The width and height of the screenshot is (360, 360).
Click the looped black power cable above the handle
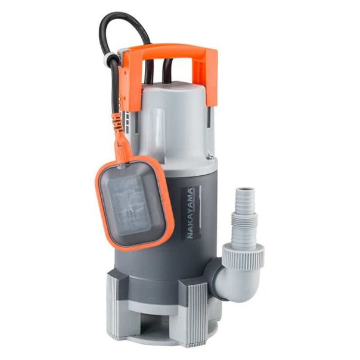pos(119,24)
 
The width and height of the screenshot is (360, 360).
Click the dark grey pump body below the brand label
pos(179,262)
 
